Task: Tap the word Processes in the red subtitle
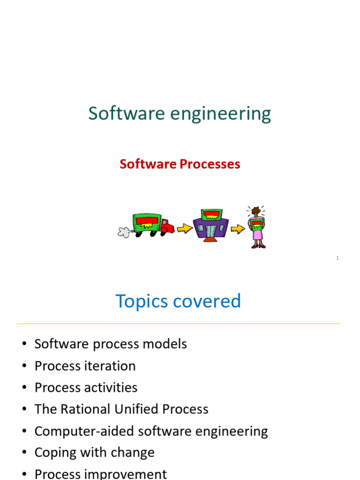[210, 164]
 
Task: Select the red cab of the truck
[167, 227]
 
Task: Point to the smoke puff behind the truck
[124, 231]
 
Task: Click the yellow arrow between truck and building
[185, 228]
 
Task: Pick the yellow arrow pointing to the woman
[238, 229]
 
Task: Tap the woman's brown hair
[255, 211]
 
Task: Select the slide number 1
[337, 258]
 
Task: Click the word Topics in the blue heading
[142, 301]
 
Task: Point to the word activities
[114, 388]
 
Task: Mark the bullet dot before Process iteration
[24, 366]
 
